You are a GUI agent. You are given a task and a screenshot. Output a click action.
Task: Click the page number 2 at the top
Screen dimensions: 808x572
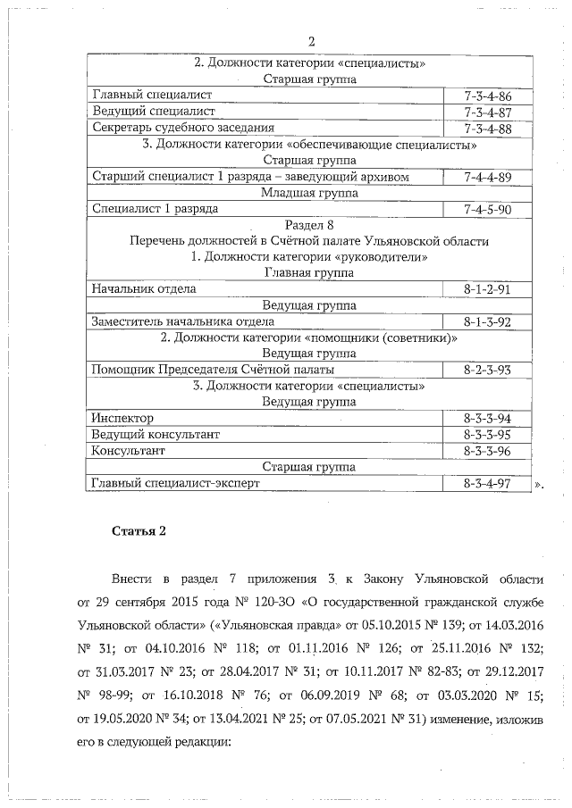coord(311,42)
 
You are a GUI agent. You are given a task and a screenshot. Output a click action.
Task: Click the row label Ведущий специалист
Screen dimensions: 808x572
coord(154,112)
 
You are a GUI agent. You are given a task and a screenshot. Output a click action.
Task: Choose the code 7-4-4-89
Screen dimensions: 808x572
coord(488,177)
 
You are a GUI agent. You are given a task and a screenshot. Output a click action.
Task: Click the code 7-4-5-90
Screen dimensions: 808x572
coord(488,209)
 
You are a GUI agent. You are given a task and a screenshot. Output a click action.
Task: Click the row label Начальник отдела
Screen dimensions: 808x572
coord(144,289)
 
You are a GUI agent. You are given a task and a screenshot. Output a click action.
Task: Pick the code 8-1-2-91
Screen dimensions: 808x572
coord(488,289)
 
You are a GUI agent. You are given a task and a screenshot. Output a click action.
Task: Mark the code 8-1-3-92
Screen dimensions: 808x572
coord(488,321)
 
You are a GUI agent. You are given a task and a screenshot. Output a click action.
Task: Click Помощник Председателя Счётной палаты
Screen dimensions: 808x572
coord(214,369)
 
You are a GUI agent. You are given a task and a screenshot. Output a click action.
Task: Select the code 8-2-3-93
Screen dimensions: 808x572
coord(488,369)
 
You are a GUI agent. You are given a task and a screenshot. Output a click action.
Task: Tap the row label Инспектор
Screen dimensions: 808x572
coord(123,418)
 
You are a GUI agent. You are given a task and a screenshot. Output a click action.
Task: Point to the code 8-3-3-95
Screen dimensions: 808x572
coord(488,434)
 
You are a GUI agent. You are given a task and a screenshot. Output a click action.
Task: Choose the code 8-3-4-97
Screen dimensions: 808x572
coord(488,483)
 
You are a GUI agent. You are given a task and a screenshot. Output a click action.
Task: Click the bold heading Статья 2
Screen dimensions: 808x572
coord(139,532)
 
